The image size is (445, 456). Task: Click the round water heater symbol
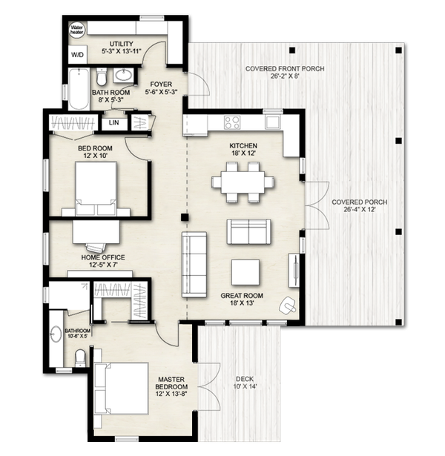coord(76,30)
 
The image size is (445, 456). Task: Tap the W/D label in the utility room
coord(77,55)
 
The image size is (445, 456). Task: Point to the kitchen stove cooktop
coord(233,122)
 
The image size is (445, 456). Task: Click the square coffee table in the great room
coord(245,272)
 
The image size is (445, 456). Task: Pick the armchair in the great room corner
coord(288,304)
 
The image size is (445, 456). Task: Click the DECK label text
coord(244,377)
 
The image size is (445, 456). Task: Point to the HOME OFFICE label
coord(102,257)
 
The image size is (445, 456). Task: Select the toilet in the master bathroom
coord(80,358)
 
